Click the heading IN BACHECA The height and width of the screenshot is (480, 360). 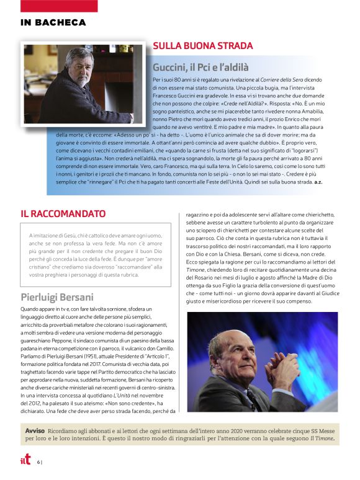point(53,23)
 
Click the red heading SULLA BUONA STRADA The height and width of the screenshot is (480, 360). point(202,46)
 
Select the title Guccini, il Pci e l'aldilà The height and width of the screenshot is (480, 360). point(200,67)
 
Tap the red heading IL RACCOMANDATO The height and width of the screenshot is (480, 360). point(63,214)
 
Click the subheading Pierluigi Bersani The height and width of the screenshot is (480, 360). point(57,297)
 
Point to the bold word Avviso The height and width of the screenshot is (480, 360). point(35,430)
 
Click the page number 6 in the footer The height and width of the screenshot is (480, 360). point(38,461)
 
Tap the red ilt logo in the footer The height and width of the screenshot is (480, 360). point(25,460)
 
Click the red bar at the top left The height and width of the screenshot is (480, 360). point(58,6)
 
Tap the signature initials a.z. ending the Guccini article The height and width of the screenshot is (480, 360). point(318,182)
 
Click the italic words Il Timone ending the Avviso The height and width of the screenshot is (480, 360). point(321,438)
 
